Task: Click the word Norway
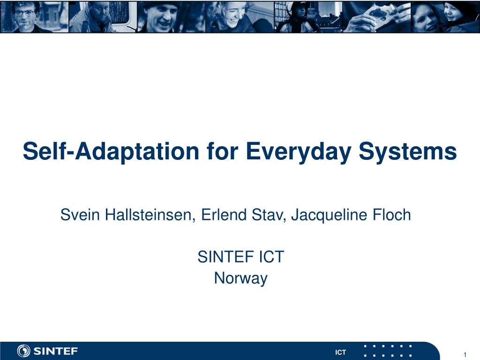tap(240, 278)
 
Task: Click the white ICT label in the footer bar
tap(340, 352)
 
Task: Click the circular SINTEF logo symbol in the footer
tap(23, 351)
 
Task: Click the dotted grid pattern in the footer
tap(388, 351)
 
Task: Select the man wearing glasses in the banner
tap(26, 16)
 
